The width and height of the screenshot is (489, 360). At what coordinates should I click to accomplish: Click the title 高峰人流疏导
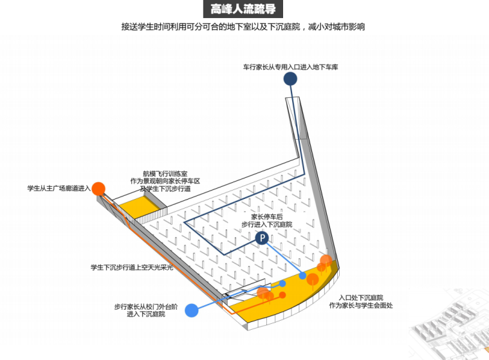(x=244, y=10)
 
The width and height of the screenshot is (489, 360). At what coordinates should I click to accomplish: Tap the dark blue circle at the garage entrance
(x=290, y=79)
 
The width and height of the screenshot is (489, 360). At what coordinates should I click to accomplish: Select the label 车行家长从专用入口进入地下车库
(x=290, y=66)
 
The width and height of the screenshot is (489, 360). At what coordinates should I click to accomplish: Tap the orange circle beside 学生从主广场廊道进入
(x=98, y=188)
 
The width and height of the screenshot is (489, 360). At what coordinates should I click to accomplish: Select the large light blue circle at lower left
(x=191, y=310)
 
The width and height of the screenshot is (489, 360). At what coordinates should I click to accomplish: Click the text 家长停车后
(x=267, y=216)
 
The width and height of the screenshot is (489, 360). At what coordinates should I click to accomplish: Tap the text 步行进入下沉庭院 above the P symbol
(x=267, y=225)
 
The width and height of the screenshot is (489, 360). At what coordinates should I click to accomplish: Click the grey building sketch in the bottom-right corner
(x=450, y=332)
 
